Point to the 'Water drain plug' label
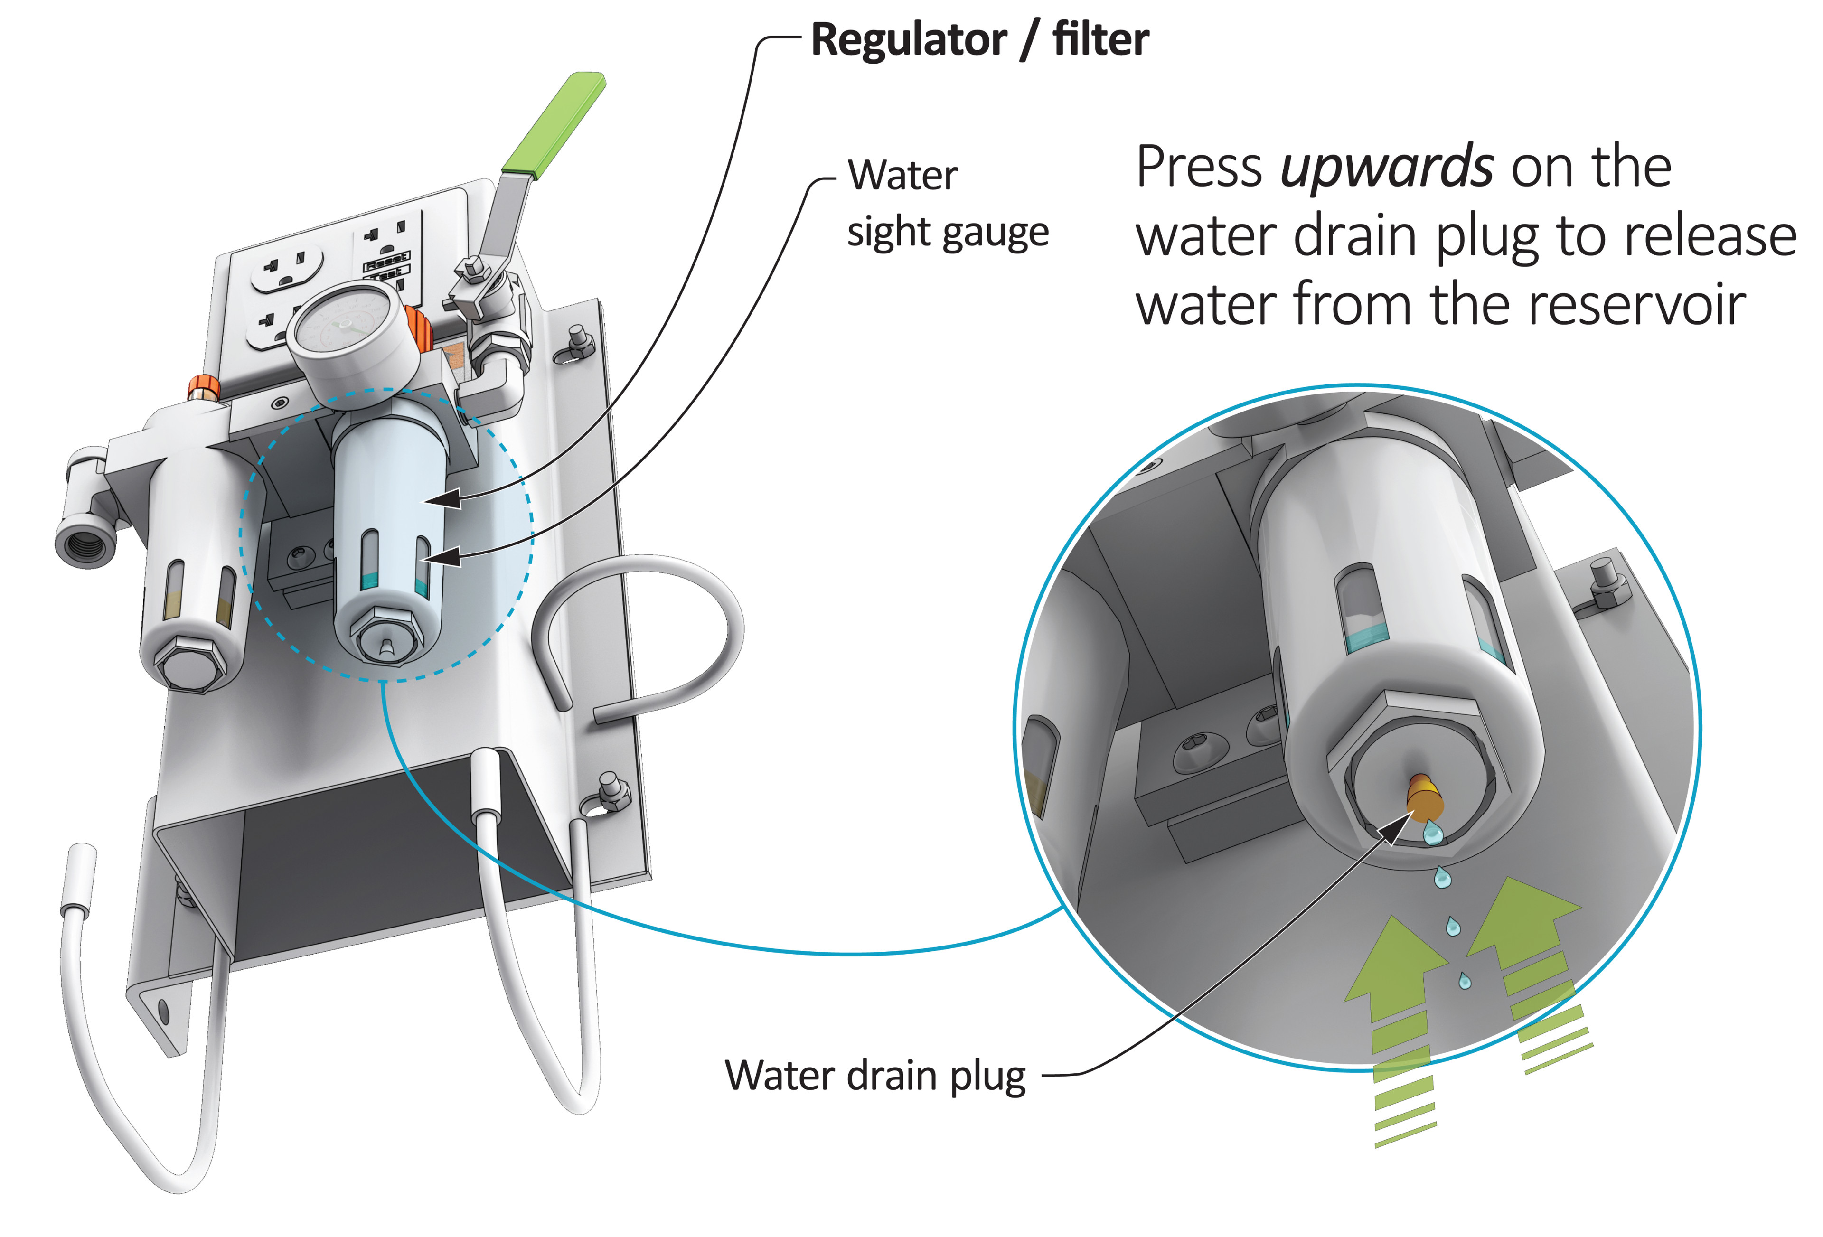pos(874,1076)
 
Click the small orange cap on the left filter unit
pos(203,387)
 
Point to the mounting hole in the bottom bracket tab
pos(163,1012)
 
